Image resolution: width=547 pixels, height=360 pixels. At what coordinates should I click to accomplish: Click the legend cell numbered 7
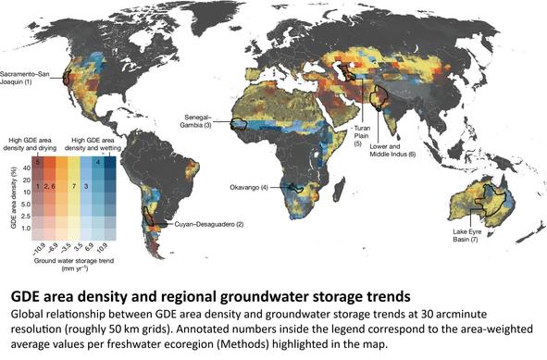click(74, 186)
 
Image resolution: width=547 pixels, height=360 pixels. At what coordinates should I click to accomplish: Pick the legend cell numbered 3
click(86, 186)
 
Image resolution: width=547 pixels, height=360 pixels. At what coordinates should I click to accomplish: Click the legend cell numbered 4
click(98, 162)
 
